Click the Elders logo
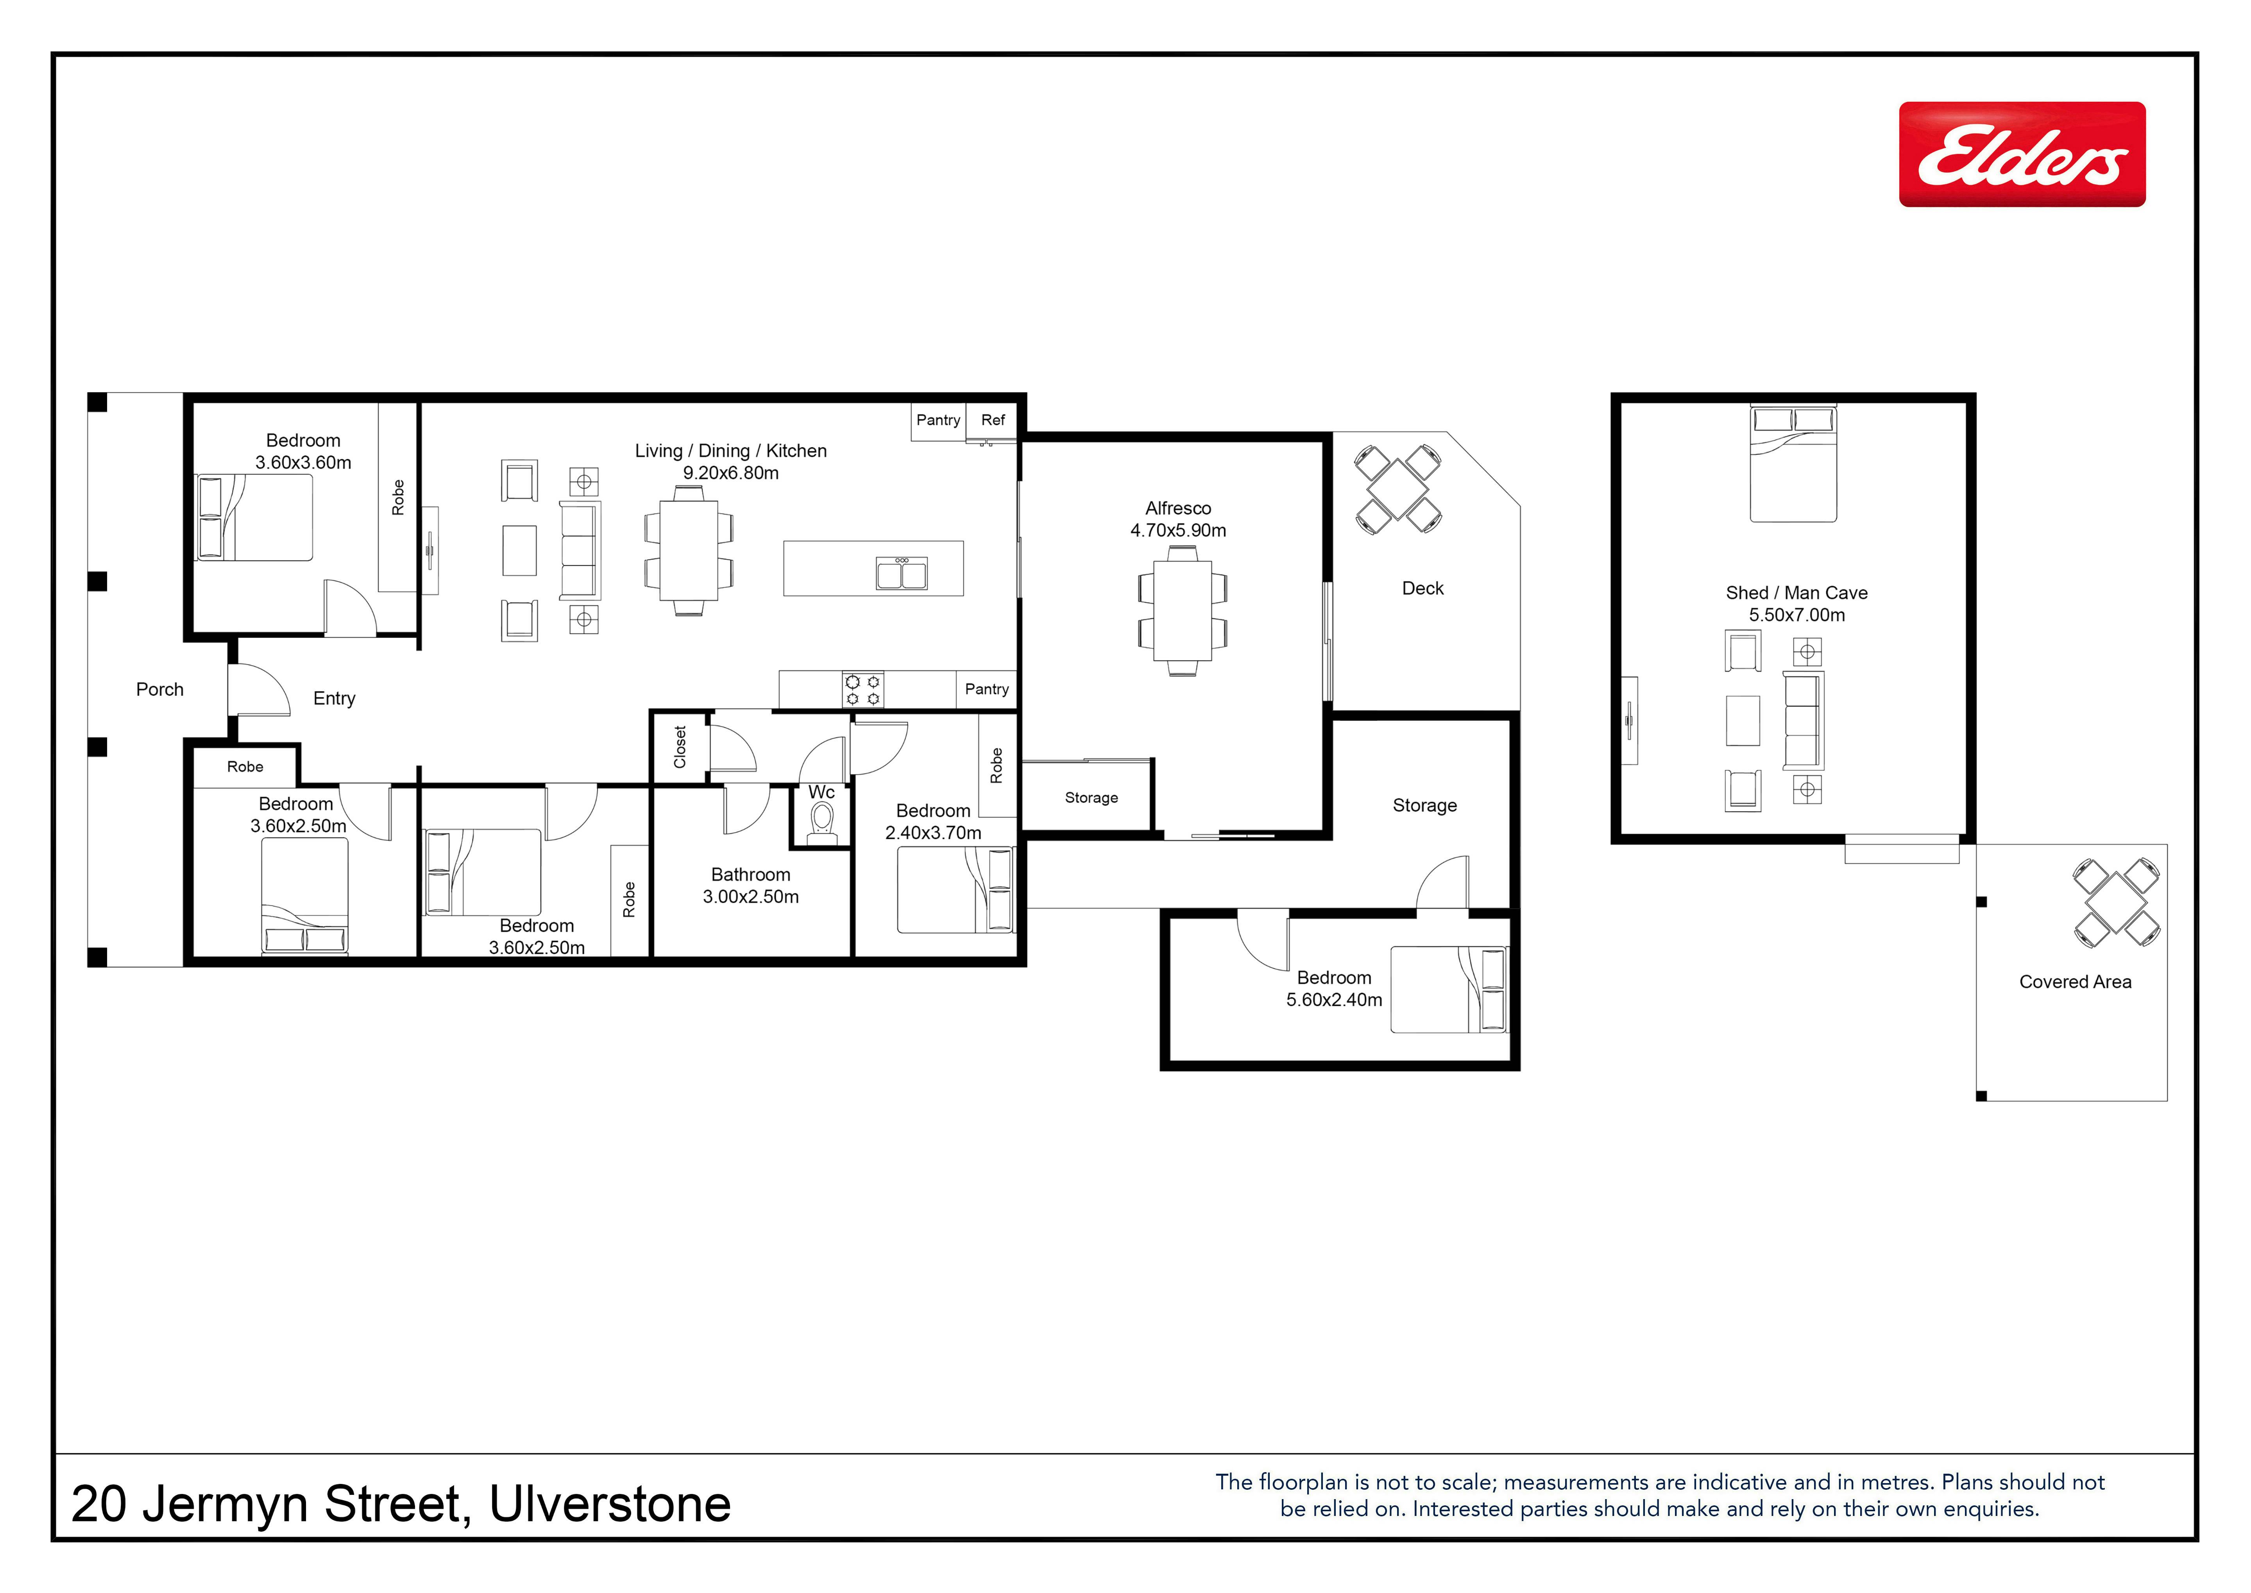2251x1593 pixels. (2022, 154)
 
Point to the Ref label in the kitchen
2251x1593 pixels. (993, 420)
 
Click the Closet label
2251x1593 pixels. (680, 747)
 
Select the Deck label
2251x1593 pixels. (1423, 589)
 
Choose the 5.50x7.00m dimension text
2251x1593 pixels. (1797, 615)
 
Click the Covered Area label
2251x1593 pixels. (2076, 982)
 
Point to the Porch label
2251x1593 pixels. (160, 690)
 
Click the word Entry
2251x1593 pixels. (334, 699)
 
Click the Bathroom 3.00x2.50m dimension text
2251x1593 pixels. (751, 896)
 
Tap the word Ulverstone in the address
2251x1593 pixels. (610, 1504)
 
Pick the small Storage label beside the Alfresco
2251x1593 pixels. (1091, 797)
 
